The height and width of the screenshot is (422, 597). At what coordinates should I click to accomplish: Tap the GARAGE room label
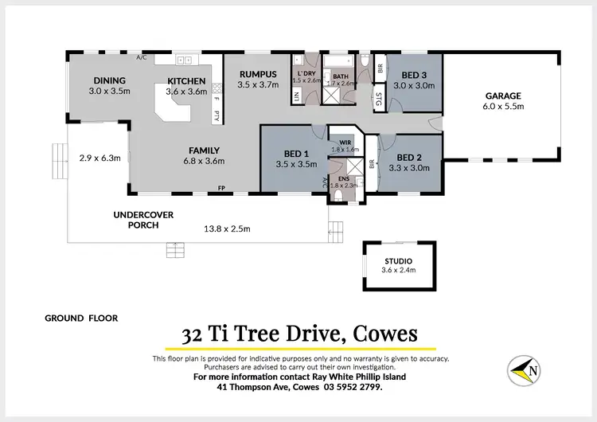pos(503,96)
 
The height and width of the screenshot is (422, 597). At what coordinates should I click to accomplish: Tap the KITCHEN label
pos(186,81)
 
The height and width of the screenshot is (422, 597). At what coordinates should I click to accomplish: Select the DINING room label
pos(110,81)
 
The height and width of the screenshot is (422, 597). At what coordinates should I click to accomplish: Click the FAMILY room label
pos(205,150)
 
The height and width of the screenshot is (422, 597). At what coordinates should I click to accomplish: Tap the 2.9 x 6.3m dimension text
pos(99,158)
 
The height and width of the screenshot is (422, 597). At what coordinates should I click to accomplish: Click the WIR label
pos(345,143)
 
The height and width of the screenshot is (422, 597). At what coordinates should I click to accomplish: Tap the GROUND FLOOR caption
pos(81,318)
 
